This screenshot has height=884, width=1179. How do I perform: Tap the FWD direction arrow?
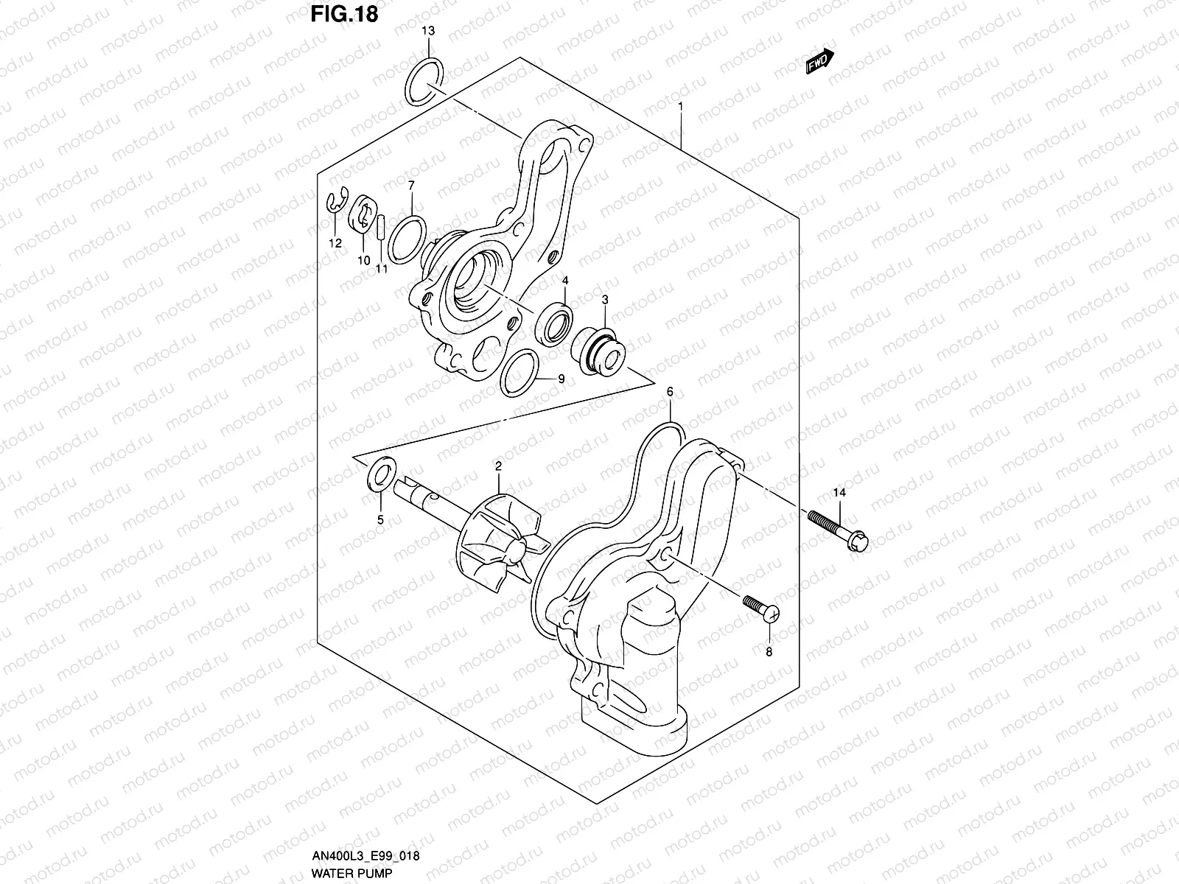click(x=819, y=63)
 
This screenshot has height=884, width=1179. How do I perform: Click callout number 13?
click(x=428, y=31)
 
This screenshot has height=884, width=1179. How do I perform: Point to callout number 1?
click(x=680, y=106)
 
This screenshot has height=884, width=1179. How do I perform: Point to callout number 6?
click(x=669, y=392)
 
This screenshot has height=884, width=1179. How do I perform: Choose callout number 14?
click(x=839, y=492)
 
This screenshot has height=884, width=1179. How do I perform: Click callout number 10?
click(x=363, y=261)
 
